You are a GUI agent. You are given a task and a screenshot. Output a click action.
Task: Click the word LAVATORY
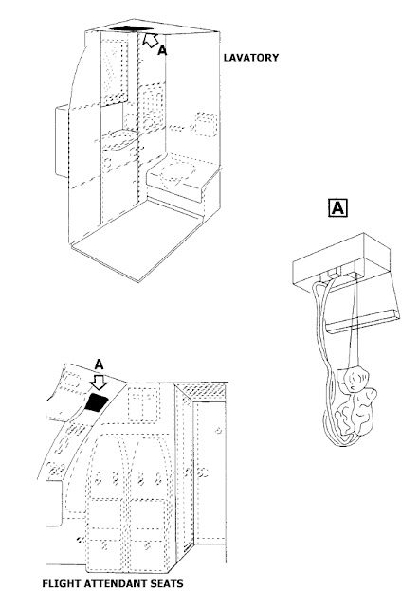click(251, 58)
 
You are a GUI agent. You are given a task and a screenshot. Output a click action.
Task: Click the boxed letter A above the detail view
click(337, 208)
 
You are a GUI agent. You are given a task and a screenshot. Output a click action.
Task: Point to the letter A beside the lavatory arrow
click(162, 50)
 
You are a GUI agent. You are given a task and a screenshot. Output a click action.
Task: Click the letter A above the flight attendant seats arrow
click(99, 365)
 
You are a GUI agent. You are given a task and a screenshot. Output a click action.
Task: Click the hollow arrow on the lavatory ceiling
click(150, 40)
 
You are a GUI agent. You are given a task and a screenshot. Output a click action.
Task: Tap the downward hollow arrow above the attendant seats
click(99, 382)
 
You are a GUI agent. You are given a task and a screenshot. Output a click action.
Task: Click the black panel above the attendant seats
click(97, 402)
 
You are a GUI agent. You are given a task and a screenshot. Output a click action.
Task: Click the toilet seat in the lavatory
click(177, 170)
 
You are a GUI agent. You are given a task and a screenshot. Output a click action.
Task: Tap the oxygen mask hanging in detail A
click(355, 401)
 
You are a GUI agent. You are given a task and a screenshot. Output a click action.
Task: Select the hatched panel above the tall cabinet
click(204, 390)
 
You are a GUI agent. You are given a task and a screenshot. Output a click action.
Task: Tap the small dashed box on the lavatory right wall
click(206, 124)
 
